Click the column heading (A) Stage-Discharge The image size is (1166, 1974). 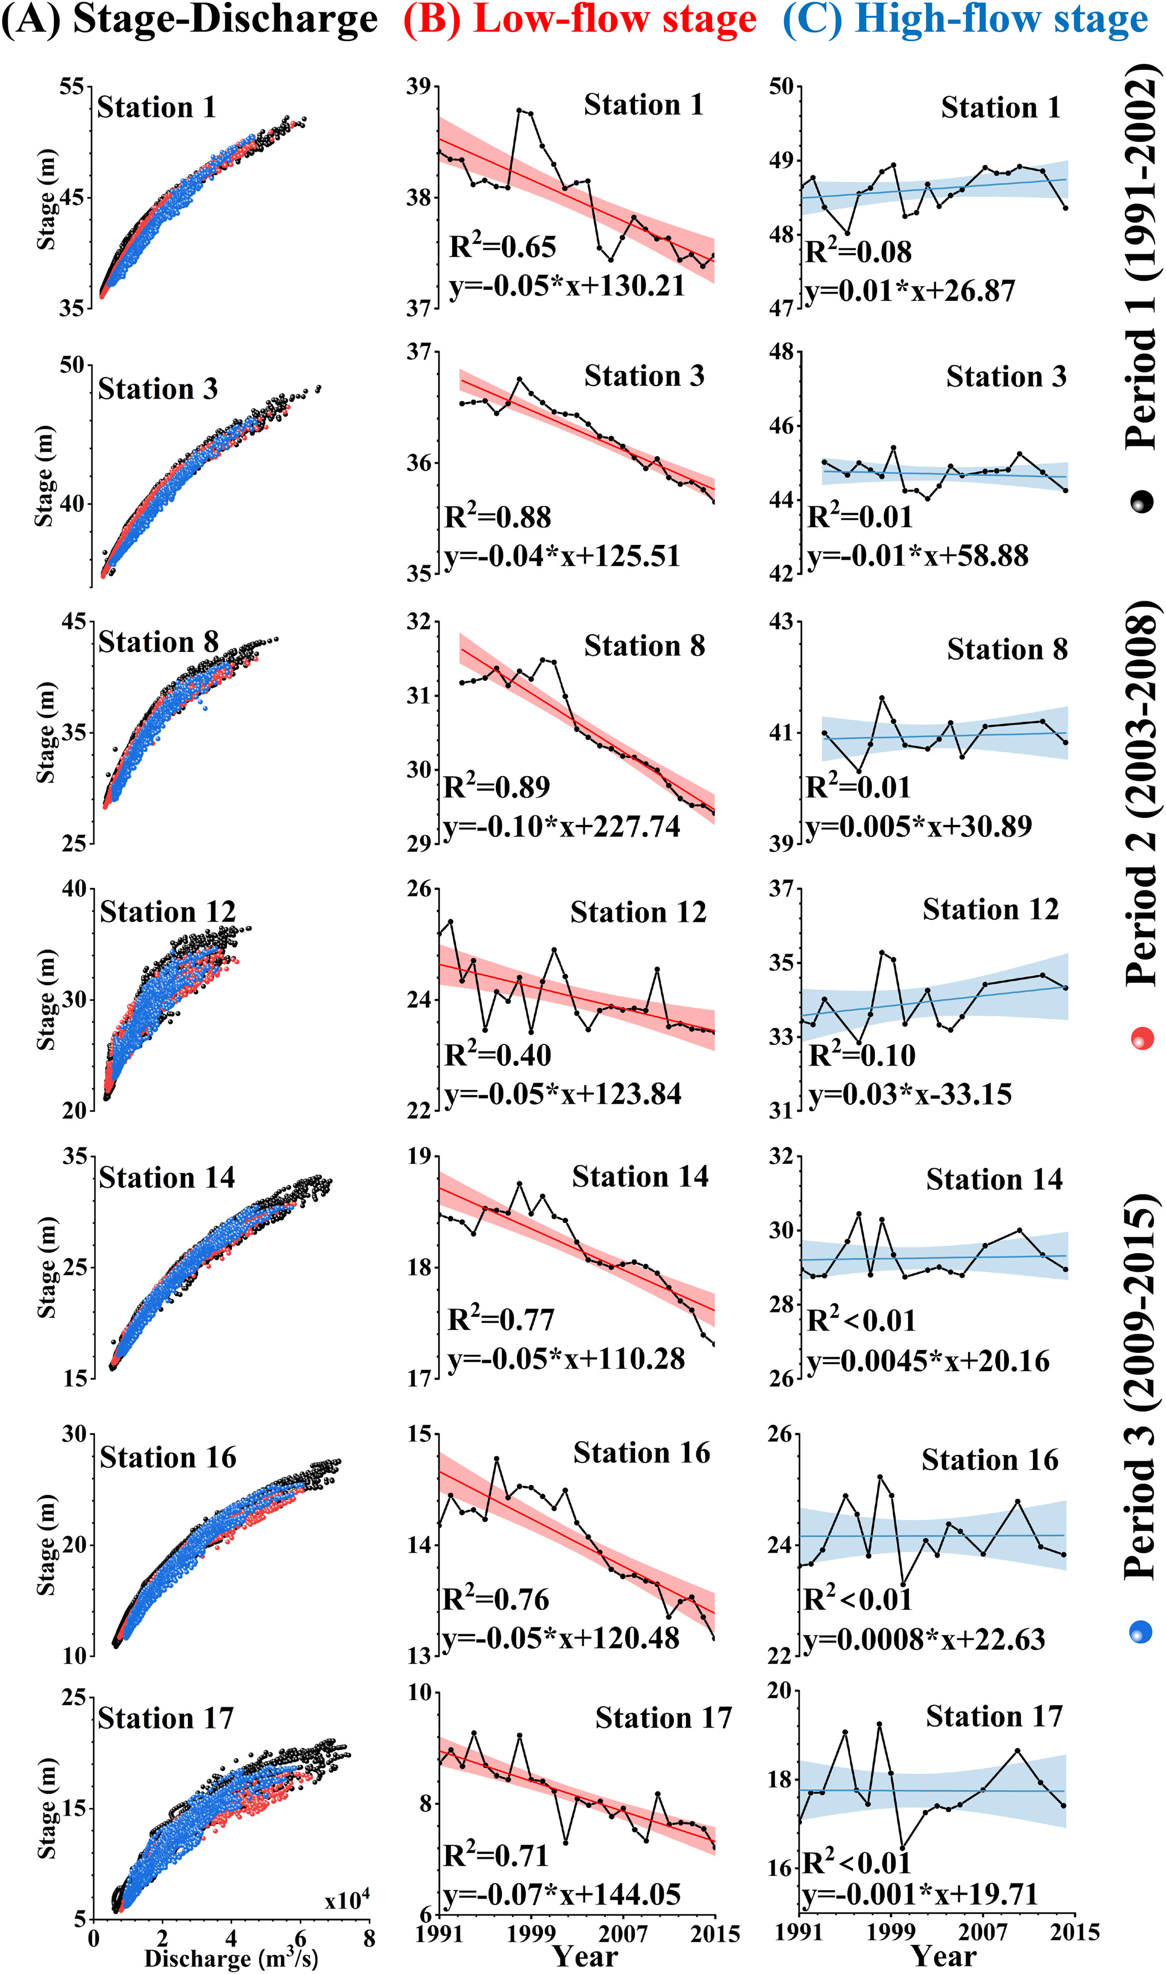190,21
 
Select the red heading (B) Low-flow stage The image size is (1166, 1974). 580,21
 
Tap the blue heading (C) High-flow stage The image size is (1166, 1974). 965,21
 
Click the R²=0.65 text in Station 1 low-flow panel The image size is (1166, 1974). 503,247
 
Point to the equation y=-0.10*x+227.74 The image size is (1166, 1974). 563,827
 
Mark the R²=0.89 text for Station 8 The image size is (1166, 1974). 498,787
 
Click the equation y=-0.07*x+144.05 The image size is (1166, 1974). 563,1895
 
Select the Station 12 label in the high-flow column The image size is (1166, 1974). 990,909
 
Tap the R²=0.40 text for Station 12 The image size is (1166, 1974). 498,1055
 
